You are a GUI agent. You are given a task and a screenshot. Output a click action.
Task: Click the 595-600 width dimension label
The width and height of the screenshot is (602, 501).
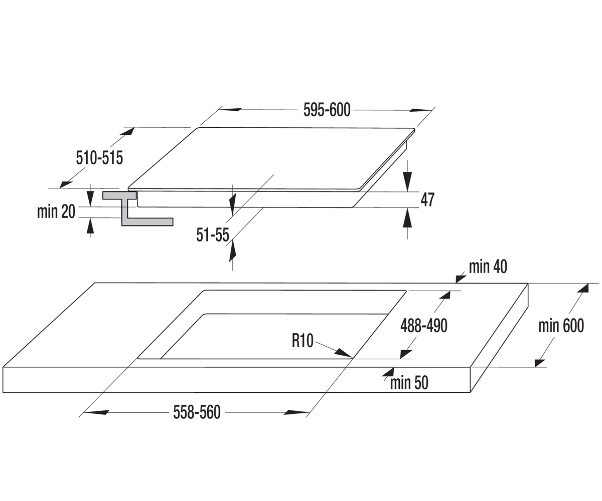pyautogui.click(x=327, y=110)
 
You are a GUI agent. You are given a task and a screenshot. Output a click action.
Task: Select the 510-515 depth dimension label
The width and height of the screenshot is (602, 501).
pyautogui.click(x=99, y=158)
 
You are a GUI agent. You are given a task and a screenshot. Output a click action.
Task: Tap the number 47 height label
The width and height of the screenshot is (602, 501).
pyautogui.click(x=427, y=199)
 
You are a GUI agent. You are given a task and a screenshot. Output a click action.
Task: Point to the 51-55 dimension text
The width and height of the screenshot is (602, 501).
pyautogui.click(x=213, y=234)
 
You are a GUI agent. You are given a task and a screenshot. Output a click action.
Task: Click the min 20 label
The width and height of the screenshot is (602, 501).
pyautogui.click(x=56, y=211)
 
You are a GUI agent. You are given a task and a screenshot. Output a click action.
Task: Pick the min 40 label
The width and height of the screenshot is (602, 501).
pyautogui.click(x=488, y=267)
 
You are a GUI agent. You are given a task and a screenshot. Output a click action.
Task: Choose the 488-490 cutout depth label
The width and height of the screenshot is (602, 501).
pyautogui.click(x=424, y=326)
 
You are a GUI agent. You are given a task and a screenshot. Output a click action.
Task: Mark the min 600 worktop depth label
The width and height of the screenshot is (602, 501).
pyautogui.click(x=561, y=326)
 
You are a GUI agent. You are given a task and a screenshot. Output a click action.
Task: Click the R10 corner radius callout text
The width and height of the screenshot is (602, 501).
pyautogui.click(x=303, y=341)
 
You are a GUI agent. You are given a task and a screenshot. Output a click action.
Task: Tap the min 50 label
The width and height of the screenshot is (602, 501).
pyautogui.click(x=409, y=383)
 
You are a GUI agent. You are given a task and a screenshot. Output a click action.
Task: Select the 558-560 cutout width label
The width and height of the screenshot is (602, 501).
pyautogui.click(x=197, y=412)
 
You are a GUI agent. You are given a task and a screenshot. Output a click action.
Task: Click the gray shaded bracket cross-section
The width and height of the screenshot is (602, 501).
pyautogui.click(x=138, y=208)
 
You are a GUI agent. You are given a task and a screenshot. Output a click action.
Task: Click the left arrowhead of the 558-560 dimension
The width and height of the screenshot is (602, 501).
pyautogui.click(x=96, y=412)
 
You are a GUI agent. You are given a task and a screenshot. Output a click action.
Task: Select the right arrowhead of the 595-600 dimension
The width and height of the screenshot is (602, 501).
pyautogui.click(x=421, y=110)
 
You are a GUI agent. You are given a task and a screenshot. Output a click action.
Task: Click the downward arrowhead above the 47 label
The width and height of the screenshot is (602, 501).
pyautogui.click(x=407, y=181)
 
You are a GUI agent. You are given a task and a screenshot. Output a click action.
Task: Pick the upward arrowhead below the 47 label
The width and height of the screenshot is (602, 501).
pyautogui.click(x=407, y=218)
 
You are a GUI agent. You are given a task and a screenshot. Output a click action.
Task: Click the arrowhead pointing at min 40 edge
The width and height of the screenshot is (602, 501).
pyautogui.click(x=461, y=279)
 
